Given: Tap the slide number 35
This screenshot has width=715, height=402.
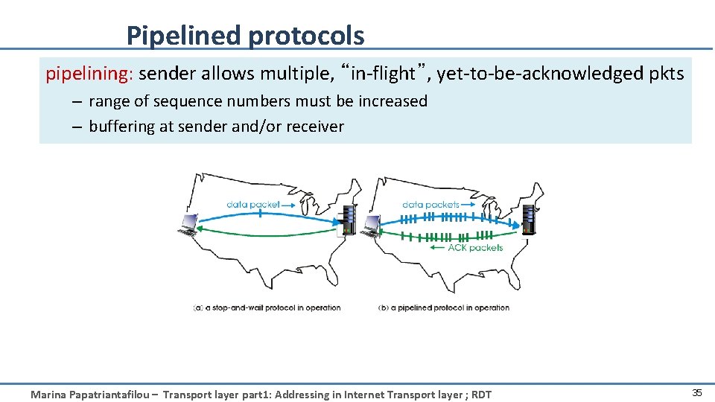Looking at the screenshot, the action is [697, 393].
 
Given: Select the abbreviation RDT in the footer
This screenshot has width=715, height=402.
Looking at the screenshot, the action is [480, 395].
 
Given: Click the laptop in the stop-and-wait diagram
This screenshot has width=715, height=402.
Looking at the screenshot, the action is [188, 224].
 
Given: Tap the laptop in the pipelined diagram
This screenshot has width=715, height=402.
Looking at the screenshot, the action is [370, 226].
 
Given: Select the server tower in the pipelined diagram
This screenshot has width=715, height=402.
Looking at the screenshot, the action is [530, 218].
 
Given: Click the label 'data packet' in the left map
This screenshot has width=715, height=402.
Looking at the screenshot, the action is [253, 204].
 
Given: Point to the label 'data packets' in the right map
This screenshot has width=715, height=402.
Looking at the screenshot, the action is [430, 204].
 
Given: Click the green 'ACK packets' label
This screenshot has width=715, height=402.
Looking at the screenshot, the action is [475, 248].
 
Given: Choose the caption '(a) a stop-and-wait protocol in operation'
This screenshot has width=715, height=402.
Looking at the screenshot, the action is [267, 307].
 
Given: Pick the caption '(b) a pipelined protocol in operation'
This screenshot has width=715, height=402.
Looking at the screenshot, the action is [444, 307].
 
